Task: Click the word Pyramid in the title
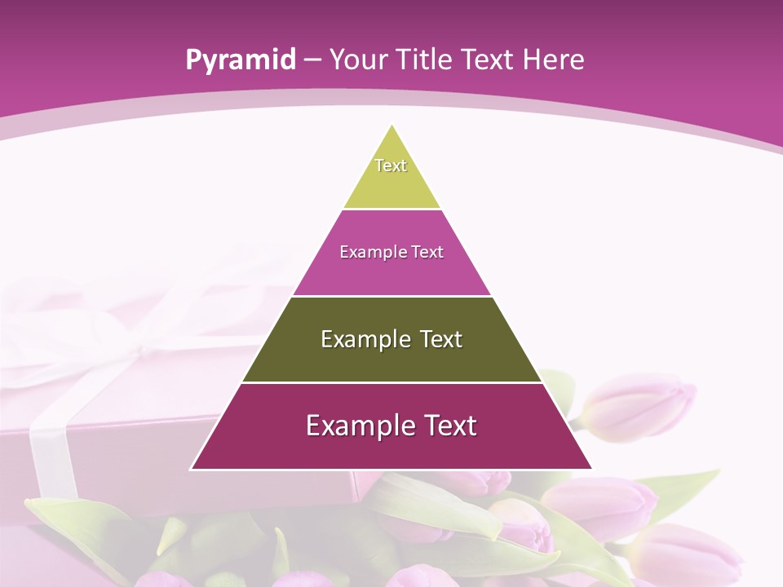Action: [240, 60]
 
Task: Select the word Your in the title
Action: [357, 60]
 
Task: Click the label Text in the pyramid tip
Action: [391, 166]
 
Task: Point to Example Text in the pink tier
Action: [391, 252]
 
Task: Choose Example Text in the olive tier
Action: [391, 339]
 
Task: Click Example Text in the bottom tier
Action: [391, 426]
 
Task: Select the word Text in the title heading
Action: [488, 60]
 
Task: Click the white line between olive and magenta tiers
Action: [391, 382]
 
